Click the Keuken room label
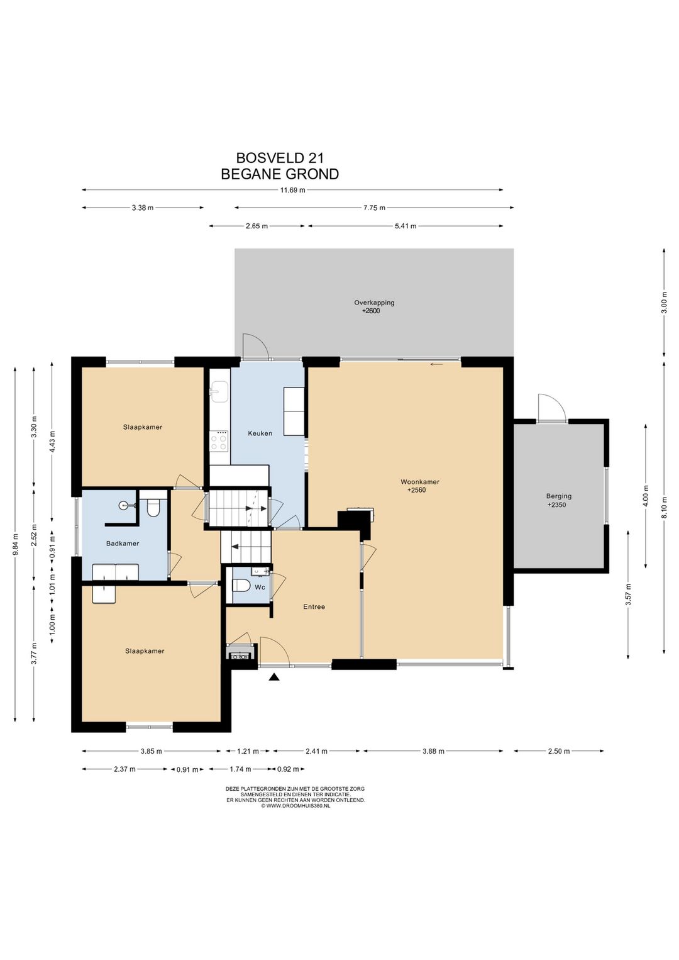click(260, 433)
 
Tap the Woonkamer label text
click(420, 482)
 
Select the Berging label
click(559, 496)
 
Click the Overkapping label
click(374, 303)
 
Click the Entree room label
click(314, 607)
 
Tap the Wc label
click(260, 587)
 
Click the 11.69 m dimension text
click(292, 190)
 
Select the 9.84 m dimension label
click(16, 544)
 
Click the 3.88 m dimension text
click(434, 751)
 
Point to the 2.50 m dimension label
click(559, 751)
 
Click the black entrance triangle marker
click(273, 678)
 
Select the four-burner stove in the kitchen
click(219, 440)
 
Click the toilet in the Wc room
click(240, 586)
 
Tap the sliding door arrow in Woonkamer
click(436, 364)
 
